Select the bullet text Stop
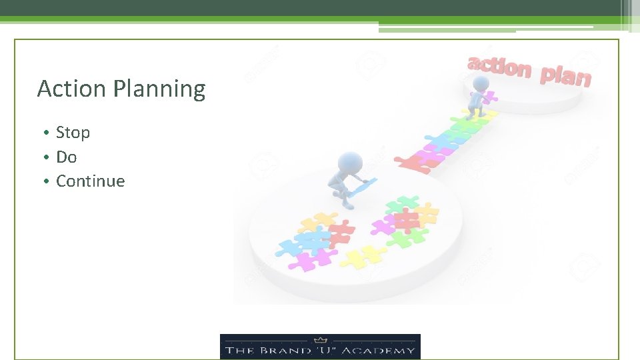[x=73, y=133]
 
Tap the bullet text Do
[x=66, y=157]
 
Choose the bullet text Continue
[x=90, y=181]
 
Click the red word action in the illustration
[x=500, y=67]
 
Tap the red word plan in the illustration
[x=565, y=75]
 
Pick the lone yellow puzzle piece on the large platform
[x=363, y=255]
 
